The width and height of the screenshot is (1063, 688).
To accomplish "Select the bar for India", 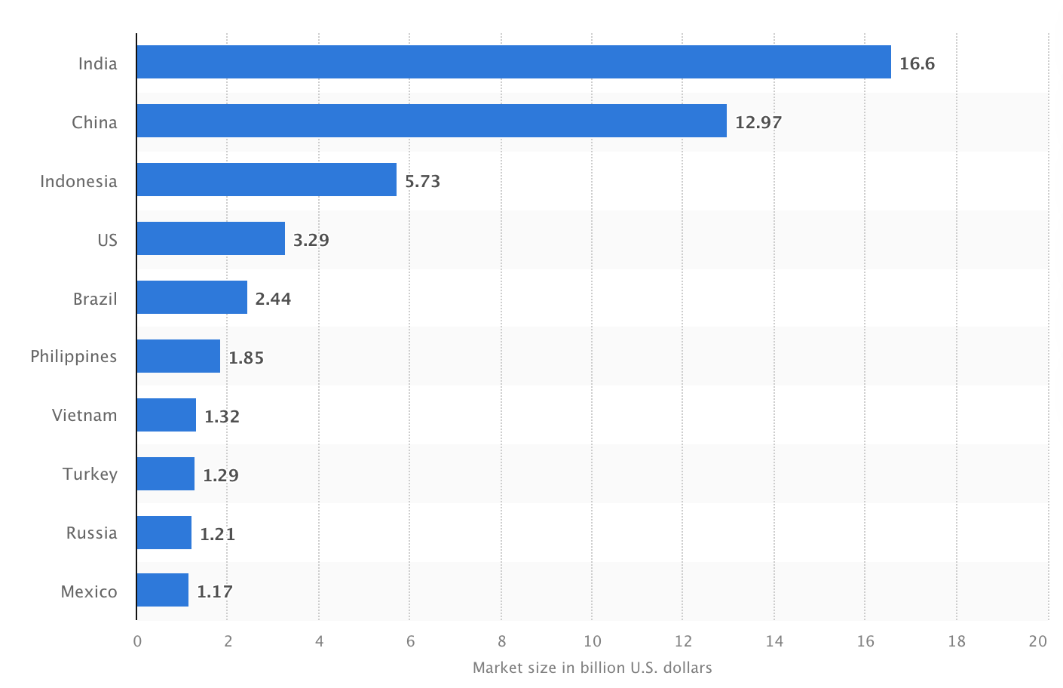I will (513, 62).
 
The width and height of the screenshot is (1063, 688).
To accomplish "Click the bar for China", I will (431, 121).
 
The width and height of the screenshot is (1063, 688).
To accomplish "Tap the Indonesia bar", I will (266, 180).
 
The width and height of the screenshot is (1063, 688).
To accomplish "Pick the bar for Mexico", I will (163, 590).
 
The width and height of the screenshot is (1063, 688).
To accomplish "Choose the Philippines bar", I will (179, 356).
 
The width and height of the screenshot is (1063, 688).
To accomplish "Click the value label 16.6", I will (917, 63).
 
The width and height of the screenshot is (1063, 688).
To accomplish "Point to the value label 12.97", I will (758, 122).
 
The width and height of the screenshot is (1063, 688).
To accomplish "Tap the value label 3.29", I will (311, 240).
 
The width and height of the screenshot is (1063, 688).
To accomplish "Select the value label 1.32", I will (222, 416).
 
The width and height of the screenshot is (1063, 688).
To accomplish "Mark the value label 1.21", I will (218, 534).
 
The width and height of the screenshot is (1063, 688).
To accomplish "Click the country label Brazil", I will (95, 299).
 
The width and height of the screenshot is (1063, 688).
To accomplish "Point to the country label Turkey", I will (90, 474).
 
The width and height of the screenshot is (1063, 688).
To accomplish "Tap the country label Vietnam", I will (84, 415).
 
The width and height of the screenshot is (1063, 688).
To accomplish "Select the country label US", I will (107, 240).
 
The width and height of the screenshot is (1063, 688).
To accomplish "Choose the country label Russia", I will (92, 533).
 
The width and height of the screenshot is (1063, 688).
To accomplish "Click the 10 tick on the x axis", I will (593, 641).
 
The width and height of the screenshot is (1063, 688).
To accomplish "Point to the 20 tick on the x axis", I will (1038, 641).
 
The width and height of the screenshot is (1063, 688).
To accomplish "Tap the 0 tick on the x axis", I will (137, 641).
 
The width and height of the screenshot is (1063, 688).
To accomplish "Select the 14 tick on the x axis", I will (774, 641).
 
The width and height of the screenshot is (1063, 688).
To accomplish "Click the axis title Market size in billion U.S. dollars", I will (592, 668).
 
